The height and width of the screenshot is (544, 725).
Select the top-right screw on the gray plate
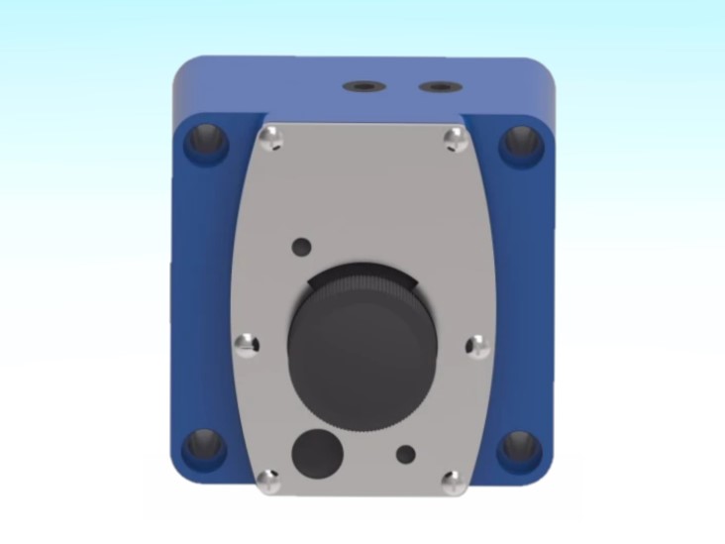click(455, 140)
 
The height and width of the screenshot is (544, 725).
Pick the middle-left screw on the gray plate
click(246, 344)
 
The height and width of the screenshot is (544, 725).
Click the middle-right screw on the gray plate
click(477, 345)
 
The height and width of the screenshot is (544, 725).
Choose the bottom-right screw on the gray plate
click(453, 483)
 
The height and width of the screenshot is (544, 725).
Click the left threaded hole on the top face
click(361, 87)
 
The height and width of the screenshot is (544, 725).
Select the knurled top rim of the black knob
click(362, 285)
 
